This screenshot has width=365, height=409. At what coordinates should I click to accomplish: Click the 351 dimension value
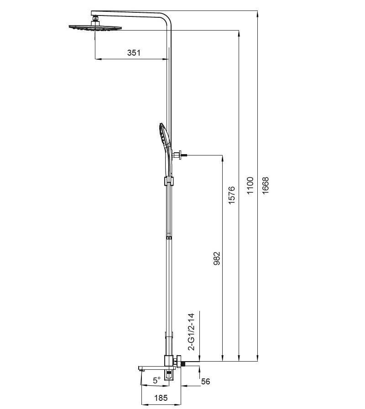click(134, 52)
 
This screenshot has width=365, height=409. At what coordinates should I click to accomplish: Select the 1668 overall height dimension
click(266, 186)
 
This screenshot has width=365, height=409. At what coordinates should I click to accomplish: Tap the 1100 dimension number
click(250, 186)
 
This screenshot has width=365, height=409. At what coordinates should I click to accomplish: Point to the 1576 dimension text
click(231, 195)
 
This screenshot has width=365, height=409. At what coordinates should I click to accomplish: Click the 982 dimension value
click(217, 259)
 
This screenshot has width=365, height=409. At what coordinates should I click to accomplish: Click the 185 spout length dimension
click(161, 398)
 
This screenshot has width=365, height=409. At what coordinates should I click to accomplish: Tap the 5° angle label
click(157, 380)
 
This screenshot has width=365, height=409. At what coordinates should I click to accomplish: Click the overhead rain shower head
click(96, 28)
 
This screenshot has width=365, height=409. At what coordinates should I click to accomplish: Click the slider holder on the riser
click(168, 181)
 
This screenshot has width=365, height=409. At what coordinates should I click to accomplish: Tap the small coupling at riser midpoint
click(168, 238)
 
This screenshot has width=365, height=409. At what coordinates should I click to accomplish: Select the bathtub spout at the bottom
click(151, 368)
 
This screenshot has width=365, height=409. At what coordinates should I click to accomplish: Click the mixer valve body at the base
click(170, 365)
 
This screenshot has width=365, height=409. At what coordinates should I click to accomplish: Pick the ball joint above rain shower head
click(96, 19)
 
